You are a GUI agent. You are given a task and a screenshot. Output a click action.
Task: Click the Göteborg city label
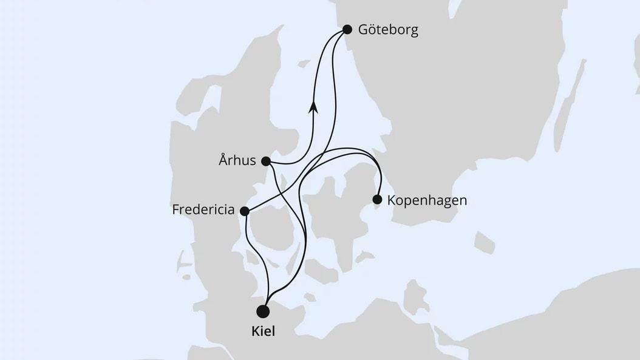389,30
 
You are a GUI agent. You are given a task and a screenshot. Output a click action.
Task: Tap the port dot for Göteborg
347,29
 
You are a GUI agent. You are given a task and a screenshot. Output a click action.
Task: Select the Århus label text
237,161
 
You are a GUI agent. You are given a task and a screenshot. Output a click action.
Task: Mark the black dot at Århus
265,161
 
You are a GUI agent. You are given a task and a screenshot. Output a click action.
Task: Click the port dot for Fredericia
245,211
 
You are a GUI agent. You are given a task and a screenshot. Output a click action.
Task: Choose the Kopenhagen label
427,200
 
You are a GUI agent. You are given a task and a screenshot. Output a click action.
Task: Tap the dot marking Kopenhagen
377,199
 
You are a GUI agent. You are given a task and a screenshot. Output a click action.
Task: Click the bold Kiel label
264,333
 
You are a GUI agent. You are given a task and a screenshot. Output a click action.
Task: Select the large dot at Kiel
264,311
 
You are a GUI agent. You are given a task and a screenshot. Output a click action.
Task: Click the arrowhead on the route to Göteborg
313,107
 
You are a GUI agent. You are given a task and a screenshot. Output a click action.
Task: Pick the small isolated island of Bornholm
485,242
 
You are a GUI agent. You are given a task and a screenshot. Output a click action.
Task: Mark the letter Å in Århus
223,161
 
